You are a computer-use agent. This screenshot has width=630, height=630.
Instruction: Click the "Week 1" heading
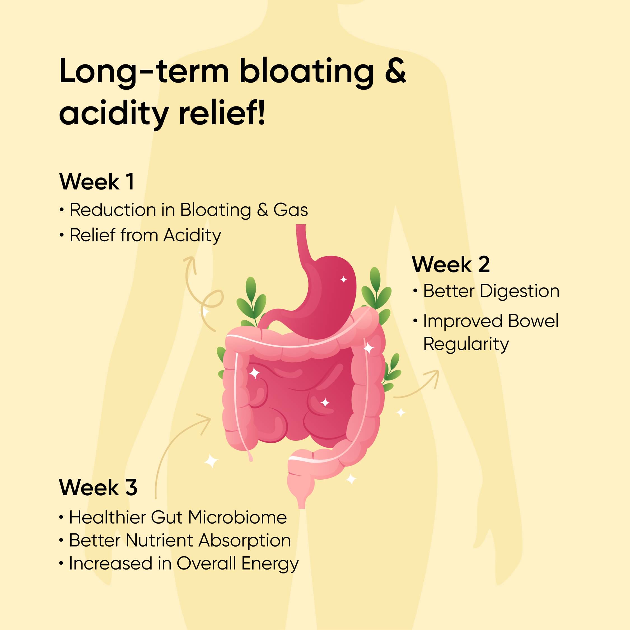pyautogui.click(x=97, y=182)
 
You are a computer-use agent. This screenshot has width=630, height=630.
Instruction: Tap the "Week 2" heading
pyautogui.click(x=451, y=264)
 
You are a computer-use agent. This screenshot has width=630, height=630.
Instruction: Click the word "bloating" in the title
pyautogui.click(x=307, y=72)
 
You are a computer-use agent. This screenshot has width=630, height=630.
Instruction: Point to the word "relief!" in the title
pyautogui.click(x=222, y=113)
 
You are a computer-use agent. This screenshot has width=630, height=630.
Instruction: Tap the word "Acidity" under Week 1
pyautogui.click(x=192, y=236)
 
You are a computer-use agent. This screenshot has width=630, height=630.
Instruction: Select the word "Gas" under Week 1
pyautogui.click(x=291, y=210)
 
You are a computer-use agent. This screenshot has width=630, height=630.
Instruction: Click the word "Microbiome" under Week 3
pyautogui.click(x=237, y=517)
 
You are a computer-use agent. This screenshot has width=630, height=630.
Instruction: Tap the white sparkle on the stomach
pyautogui.click(x=343, y=279)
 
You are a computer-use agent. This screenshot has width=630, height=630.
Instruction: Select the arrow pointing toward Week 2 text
pyautogui.click(x=421, y=388)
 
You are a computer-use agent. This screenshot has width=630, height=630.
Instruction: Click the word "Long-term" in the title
pyautogui.click(x=144, y=73)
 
